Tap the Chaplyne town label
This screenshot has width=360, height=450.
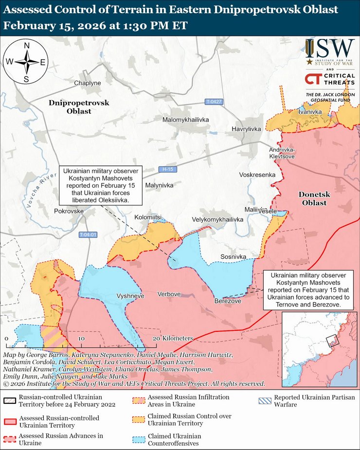coord(88,83)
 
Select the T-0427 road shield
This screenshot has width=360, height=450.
coord(214,102)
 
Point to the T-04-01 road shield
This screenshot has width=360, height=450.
coord(88,234)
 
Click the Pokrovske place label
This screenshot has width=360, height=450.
coord(69,212)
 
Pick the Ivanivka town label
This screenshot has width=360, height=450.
coord(311,112)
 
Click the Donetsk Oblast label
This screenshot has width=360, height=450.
coord(314,198)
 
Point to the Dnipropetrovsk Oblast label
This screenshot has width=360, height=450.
coord(79,107)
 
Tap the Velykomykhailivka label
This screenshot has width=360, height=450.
coord(217,220)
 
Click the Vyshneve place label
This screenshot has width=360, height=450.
coord(130,296)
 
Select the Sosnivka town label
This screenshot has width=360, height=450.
coord(234,256)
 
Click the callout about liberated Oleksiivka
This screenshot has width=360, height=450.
coord(100,186)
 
